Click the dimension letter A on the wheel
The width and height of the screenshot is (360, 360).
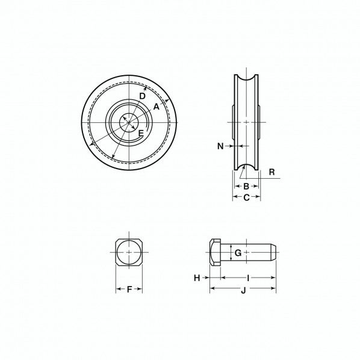coord(156,107)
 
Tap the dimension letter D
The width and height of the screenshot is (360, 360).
coord(142,96)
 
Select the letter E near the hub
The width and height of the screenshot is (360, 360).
coord(141,133)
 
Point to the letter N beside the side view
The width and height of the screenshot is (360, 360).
coord(220,146)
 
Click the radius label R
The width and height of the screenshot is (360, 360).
coord(272,172)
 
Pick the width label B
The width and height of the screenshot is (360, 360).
coord(246,186)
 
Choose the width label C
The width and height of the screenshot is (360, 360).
coord(246,197)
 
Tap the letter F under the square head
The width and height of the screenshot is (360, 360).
coord(129,290)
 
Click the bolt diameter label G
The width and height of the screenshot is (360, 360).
coord(238,253)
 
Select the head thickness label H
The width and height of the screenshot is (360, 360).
coord(197,278)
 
